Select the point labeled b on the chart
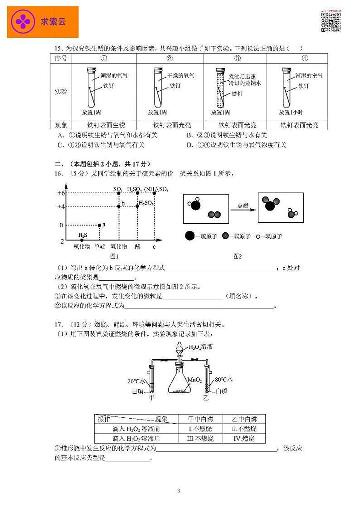click(119, 206)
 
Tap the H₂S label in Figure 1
click(83, 235)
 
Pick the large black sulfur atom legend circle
click(190, 236)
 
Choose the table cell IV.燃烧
click(243, 439)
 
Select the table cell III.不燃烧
click(200, 439)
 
